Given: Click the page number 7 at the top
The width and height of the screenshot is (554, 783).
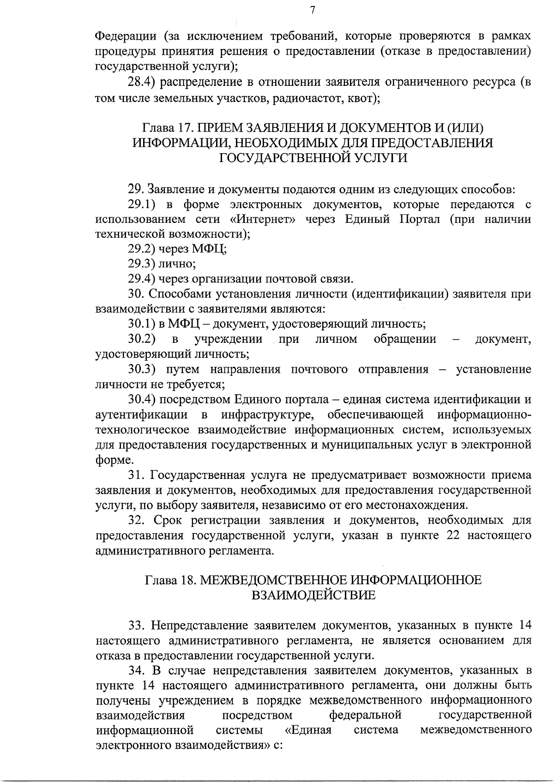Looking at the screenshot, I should click(313, 10).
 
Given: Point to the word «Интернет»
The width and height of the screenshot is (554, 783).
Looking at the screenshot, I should click(263, 219).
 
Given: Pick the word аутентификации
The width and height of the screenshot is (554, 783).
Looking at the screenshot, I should click(141, 415).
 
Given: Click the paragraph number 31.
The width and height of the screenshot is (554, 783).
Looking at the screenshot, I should click(134, 475).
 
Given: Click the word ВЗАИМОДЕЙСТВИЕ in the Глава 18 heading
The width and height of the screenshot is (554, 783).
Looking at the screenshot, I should click(313, 595).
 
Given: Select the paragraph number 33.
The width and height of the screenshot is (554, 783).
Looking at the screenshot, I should click(134, 626).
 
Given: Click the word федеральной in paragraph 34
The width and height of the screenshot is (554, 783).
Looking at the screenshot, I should click(365, 715).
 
